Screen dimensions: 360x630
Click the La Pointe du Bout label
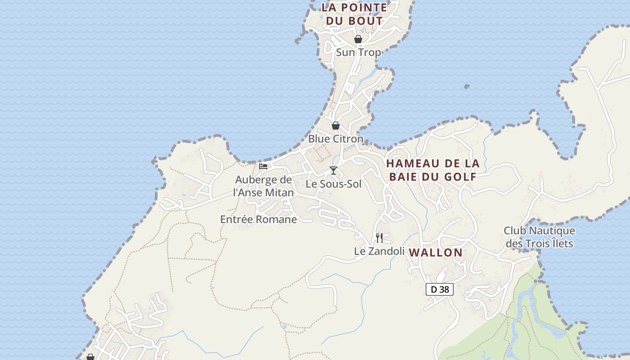pyautogui.click(x=354, y=14)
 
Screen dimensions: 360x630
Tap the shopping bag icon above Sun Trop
pyautogui.click(x=358, y=39)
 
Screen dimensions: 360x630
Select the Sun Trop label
pyautogui.click(x=358, y=52)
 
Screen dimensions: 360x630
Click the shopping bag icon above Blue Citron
pyautogui.click(x=336, y=126)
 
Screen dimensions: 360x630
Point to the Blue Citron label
pyautogui.click(x=336, y=139)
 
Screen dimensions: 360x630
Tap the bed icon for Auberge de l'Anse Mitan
pyautogui.click(x=263, y=166)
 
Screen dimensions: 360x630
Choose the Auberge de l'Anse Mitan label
pyautogui.click(x=264, y=186)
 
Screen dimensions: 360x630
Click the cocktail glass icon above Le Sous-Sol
pyautogui.click(x=333, y=170)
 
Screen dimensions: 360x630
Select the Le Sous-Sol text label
pyautogui.click(x=333, y=184)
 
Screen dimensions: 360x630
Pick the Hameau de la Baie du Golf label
pyautogui.click(x=433, y=170)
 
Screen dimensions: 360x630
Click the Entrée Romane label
pyautogui.click(x=258, y=219)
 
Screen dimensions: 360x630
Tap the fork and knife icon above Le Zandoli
pyautogui.click(x=379, y=238)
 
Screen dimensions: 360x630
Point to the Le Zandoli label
pyautogui.click(x=379, y=251)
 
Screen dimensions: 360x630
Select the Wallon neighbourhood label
pyautogui.click(x=436, y=252)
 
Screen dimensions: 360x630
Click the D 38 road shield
pyautogui.click(x=440, y=289)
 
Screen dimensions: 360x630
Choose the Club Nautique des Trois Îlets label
pyautogui.click(x=539, y=237)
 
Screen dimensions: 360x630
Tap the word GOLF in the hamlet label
pyautogui.click(x=460, y=176)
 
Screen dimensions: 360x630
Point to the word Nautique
pyautogui.click(x=552, y=231)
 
